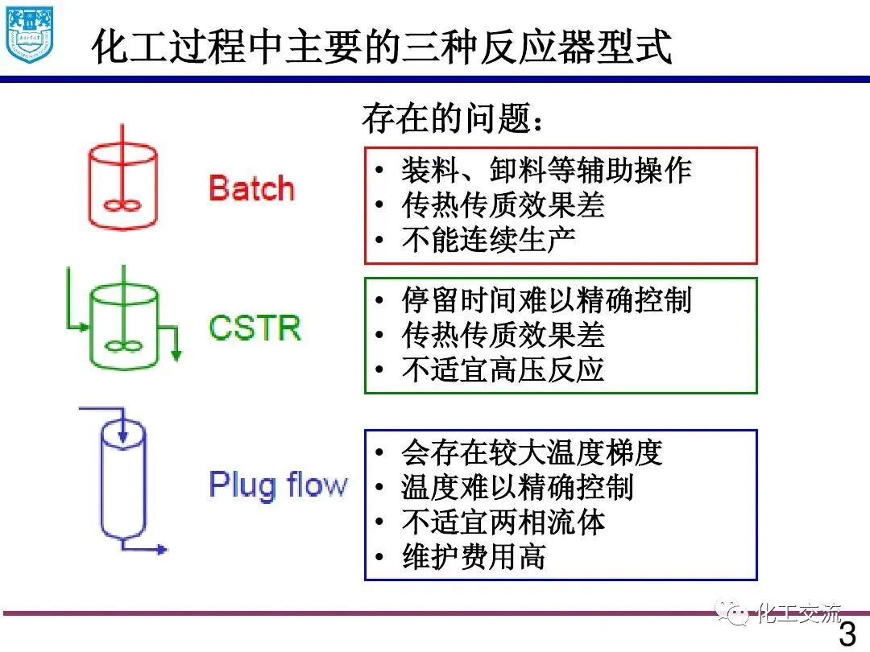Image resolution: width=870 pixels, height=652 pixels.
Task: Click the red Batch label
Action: (x=251, y=188)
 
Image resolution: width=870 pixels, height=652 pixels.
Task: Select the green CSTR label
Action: (x=255, y=328)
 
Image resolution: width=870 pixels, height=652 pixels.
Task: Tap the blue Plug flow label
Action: (x=278, y=485)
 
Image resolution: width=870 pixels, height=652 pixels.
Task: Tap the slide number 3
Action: (x=847, y=634)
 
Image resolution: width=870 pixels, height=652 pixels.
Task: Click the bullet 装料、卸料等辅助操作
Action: (x=546, y=171)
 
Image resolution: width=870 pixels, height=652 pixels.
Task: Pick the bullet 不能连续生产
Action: (x=488, y=240)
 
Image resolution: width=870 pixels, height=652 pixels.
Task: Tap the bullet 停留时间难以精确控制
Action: (x=546, y=300)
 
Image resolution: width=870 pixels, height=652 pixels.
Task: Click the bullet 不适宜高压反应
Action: (x=503, y=369)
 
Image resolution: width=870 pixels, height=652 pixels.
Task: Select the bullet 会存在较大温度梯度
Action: (x=532, y=452)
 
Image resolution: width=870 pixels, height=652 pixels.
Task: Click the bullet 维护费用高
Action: (x=474, y=556)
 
